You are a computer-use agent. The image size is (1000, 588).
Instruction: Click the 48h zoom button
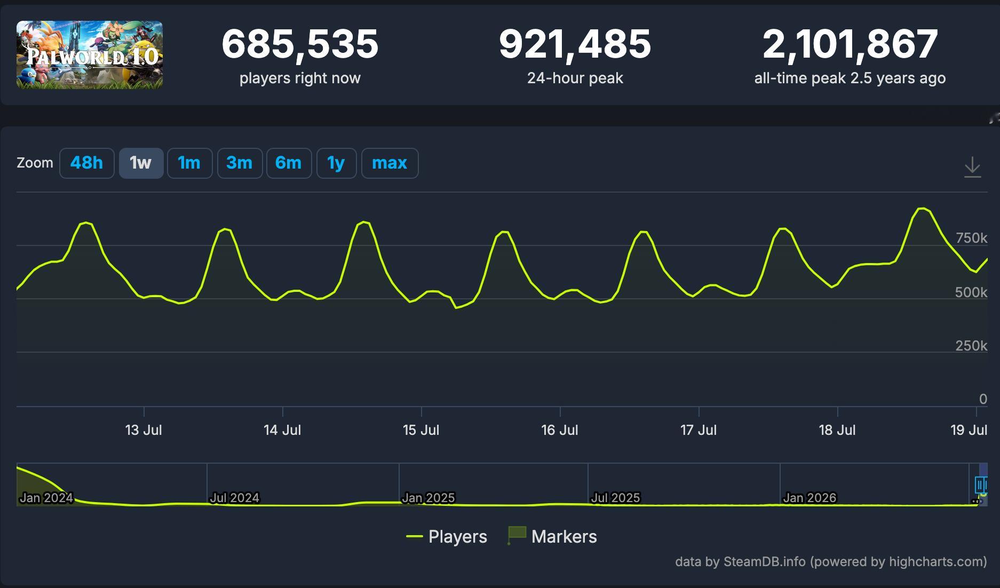[86, 163]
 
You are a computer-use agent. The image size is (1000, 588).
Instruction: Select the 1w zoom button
[141, 163]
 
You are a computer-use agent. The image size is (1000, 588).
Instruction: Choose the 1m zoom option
[189, 163]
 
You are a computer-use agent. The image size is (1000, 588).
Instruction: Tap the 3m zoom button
[240, 163]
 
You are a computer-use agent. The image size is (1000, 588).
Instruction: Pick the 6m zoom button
[289, 163]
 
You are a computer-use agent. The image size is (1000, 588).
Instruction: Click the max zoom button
[390, 163]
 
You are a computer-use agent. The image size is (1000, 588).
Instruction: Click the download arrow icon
[972, 167]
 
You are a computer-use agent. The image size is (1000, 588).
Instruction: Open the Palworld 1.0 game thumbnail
[90, 55]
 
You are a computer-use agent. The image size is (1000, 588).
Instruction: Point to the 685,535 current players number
[300, 44]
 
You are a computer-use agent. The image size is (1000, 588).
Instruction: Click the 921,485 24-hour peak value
[575, 44]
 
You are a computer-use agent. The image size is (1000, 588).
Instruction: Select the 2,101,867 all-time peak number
[850, 44]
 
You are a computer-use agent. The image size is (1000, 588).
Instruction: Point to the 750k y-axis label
[971, 238]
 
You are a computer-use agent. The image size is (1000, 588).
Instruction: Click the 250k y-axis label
[971, 346]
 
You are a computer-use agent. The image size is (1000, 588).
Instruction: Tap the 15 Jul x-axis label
[421, 430]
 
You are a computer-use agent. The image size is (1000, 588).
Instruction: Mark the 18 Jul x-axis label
[837, 430]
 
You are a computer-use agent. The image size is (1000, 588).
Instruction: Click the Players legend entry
[447, 536]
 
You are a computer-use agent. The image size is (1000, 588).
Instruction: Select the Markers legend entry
[552, 536]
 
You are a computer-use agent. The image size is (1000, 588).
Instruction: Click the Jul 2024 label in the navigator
[234, 498]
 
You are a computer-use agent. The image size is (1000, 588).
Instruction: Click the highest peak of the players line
[922, 208]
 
